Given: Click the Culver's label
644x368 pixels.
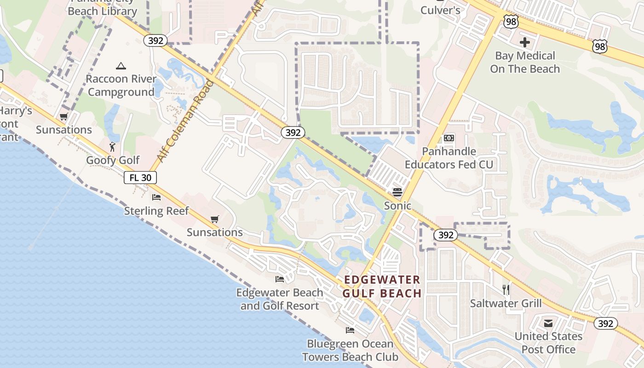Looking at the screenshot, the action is [440, 10].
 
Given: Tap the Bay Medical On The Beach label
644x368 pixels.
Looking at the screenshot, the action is [525, 63].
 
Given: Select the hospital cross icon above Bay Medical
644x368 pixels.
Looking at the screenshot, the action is [525, 43].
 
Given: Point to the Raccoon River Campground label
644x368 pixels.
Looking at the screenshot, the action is [121, 86].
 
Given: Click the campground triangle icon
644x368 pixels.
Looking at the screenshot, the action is [121, 66].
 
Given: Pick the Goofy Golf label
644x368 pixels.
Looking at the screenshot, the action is [113, 160].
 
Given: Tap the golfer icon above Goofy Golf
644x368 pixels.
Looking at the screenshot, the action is [113, 147].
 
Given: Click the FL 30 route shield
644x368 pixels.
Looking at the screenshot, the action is [140, 178].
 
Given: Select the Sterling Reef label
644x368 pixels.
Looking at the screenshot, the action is [156, 211].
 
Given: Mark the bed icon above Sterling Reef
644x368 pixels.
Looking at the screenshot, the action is [156, 197].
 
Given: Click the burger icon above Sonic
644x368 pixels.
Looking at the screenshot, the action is [397, 192].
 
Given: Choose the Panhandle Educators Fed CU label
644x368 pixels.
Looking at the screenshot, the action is [448, 158].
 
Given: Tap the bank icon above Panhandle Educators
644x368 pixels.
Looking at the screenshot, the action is [448, 138].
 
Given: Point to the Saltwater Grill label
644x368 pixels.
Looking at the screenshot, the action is [506, 303].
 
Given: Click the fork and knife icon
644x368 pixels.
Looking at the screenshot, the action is [506, 289].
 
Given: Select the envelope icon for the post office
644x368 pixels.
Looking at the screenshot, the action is [548, 323].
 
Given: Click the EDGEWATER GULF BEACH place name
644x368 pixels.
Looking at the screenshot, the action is [382, 286].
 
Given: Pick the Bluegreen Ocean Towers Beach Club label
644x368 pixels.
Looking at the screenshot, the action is [350, 350].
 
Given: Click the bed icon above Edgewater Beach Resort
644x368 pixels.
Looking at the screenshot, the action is [279, 279].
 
